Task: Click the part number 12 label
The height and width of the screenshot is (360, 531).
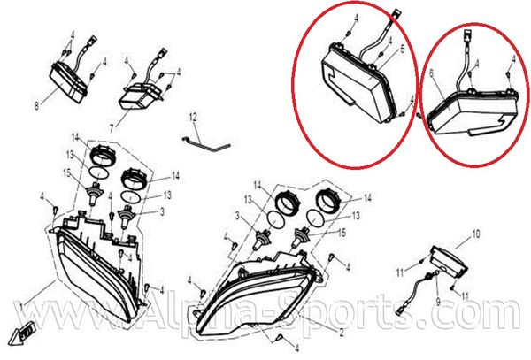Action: tap(193, 118)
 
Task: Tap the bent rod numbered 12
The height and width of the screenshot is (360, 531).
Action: tap(206, 144)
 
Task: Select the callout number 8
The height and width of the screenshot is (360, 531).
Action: tap(36, 106)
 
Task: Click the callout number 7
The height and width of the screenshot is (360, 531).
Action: tap(112, 129)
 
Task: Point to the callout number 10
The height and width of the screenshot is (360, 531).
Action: tap(476, 234)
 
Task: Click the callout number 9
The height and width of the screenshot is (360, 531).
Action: tap(437, 301)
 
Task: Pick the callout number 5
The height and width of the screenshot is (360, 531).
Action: tap(402, 49)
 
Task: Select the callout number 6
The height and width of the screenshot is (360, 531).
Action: tap(432, 73)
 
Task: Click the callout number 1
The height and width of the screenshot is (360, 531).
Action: tap(21, 307)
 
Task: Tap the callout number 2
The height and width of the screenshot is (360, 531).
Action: tap(342, 333)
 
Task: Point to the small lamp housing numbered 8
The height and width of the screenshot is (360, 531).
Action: tap(68, 82)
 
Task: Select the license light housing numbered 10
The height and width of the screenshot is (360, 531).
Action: tap(449, 260)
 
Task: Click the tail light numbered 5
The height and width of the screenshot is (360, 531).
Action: tap(358, 85)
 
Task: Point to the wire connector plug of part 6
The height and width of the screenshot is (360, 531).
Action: tap(468, 34)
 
